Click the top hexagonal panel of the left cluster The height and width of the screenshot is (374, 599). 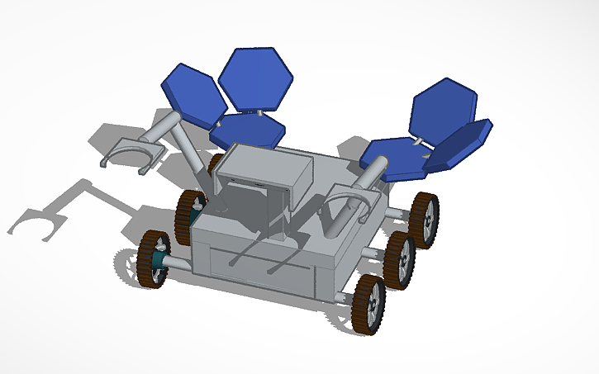(256, 78)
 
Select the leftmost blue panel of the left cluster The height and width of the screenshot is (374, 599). (193, 95)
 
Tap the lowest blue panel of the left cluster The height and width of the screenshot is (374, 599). (247, 130)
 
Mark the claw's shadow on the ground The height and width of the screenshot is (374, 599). (37, 223)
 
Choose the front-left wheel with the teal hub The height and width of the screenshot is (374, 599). (155, 259)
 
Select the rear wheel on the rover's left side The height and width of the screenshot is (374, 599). (189, 215)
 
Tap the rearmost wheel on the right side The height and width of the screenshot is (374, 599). (425, 220)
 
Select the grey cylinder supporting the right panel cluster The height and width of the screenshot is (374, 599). (372, 178)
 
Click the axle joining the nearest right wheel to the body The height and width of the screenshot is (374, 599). (345, 294)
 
